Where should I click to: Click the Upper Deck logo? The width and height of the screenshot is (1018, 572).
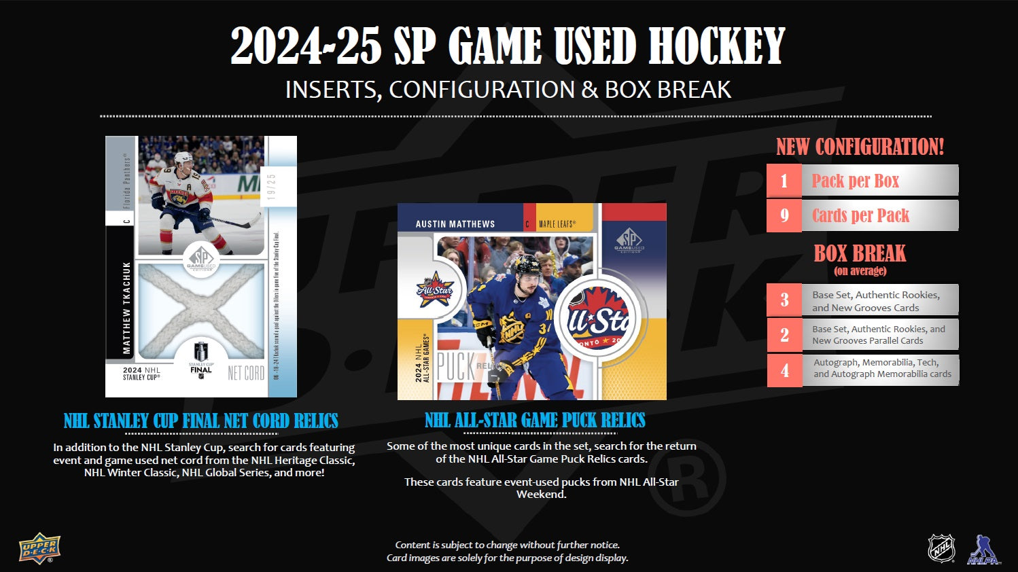tap(39, 548)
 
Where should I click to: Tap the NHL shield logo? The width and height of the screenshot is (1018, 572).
tap(941, 548)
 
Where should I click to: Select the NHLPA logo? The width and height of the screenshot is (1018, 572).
tap(983, 550)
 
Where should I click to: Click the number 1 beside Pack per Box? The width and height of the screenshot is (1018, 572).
tap(784, 181)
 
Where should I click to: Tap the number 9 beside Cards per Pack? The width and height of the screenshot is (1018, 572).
tap(784, 215)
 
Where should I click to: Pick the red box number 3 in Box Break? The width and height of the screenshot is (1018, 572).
tap(784, 300)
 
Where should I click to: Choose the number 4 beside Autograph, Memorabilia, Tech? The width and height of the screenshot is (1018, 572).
tap(784, 370)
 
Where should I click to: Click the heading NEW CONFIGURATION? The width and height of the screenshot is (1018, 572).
tap(860, 147)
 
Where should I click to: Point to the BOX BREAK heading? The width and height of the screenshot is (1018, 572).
tap(860, 253)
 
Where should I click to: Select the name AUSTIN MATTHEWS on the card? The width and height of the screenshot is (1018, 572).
tap(455, 224)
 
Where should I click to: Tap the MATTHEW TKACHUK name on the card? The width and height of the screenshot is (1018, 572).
tap(126, 308)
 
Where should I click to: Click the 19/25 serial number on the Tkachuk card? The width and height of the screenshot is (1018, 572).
tap(271, 186)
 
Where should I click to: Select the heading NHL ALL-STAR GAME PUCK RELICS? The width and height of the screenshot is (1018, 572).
tap(535, 421)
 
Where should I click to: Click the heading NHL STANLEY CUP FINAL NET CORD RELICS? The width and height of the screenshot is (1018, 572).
tap(200, 421)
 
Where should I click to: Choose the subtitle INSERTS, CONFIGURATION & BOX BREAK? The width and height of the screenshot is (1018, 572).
tap(508, 90)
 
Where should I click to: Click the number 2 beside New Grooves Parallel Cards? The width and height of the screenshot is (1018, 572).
tap(784, 335)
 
